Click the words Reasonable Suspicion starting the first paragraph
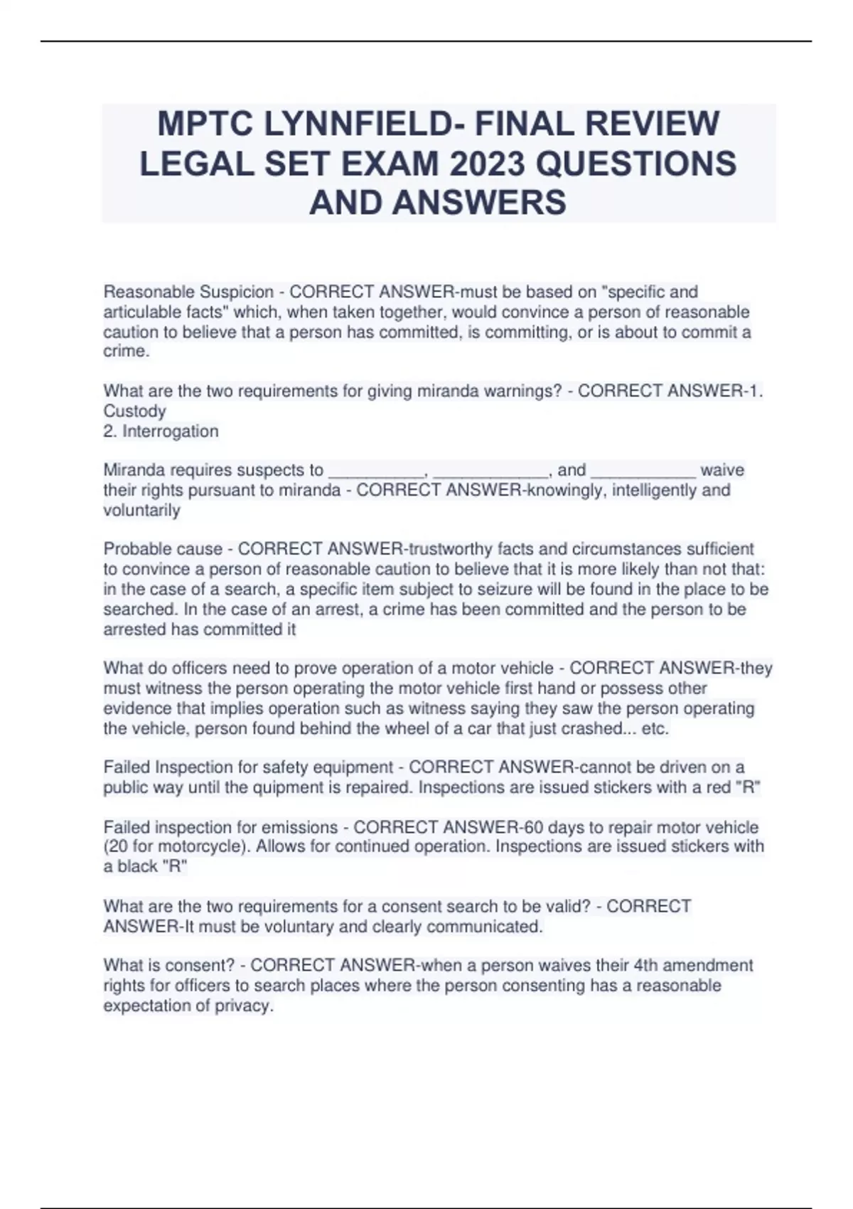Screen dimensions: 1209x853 click(188, 292)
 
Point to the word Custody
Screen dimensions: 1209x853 click(134, 411)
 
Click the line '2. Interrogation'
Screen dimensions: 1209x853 click(161, 431)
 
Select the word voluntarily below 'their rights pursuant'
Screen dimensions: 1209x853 click(141, 510)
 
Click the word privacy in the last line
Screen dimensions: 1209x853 click(246, 1006)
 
